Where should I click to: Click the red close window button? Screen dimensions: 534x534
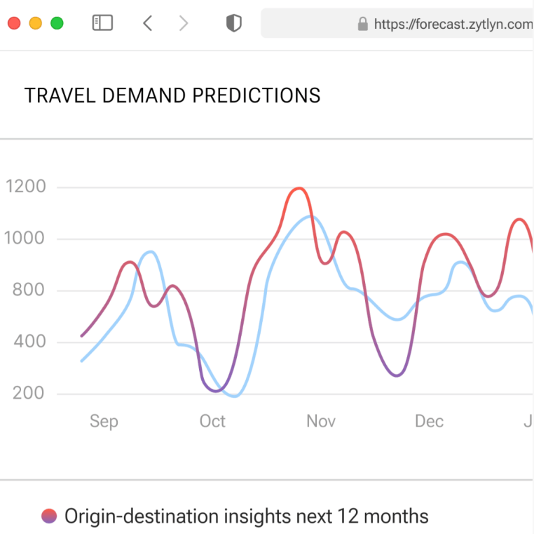(14, 23)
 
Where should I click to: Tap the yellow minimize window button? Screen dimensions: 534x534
(36, 23)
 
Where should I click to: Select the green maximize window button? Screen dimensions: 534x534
(57, 23)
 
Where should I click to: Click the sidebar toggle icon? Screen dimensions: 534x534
(102, 23)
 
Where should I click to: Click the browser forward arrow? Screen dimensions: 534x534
(184, 23)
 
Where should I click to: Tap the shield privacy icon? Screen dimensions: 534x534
(233, 23)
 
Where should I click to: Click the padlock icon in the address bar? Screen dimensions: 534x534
(362, 25)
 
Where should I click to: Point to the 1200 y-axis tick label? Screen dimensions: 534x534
(25, 187)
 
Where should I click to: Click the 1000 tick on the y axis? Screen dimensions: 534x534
(25, 239)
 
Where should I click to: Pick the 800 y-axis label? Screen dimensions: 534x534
(29, 290)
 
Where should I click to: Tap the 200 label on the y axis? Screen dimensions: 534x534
(29, 393)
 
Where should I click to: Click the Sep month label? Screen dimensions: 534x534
(104, 421)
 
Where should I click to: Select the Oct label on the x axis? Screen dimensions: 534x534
(212, 421)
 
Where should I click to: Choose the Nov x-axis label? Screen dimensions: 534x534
(321, 421)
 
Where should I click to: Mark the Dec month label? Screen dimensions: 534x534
(429, 421)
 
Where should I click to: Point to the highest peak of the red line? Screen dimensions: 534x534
(299, 188)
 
